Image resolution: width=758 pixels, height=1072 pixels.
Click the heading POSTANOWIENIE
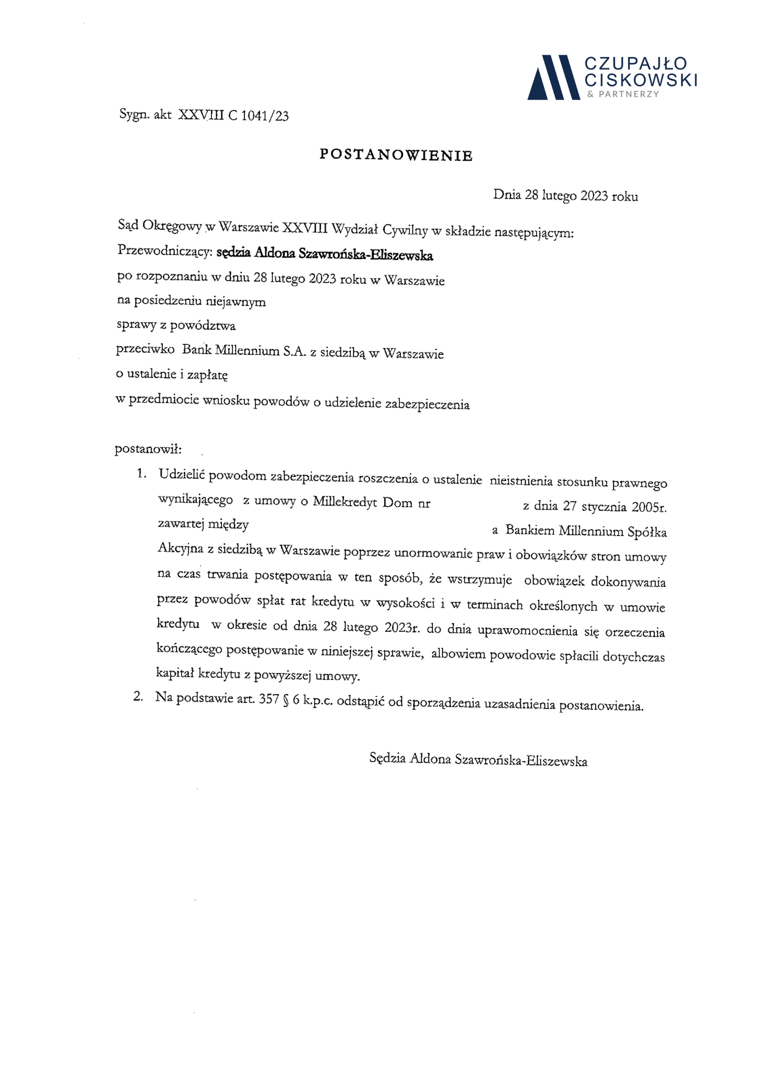tap(396, 155)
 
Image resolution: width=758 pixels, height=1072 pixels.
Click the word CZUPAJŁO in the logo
tap(636, 64)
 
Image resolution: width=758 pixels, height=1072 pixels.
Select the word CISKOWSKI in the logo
tap(641, 80)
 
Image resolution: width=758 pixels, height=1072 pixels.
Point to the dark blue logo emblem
tap(554, 77)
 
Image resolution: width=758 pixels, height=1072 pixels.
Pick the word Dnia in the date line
tap(507, 195)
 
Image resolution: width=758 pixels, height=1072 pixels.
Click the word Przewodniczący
tap(164, 252)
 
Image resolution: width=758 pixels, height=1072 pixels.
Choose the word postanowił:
tap(148, 449)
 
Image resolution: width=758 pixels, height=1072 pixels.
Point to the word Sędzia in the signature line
tap(387, 758)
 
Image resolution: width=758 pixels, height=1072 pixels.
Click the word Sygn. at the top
tap(135, 115)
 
